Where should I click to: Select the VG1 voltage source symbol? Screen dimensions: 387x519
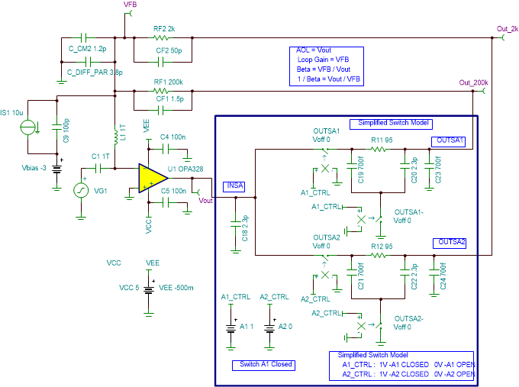click(x=80, y=191)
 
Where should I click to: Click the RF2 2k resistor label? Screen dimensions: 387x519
click(x=164, y=28)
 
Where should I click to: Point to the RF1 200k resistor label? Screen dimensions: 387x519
click(x=168, y=82)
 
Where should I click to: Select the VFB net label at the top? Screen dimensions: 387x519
click(x=130, y=5)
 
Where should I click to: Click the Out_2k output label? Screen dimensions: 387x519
click(x=507, y=29)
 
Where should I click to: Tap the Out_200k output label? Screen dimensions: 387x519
click(x=473, y=82)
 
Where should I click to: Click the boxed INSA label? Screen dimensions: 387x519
click(x=234, y=185)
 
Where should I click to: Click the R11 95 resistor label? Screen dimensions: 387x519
click(x=381, y=140)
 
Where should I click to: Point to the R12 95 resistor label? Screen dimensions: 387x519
click(x=381, y=247)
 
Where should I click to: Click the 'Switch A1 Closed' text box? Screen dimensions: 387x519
click(x=263, y=364)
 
